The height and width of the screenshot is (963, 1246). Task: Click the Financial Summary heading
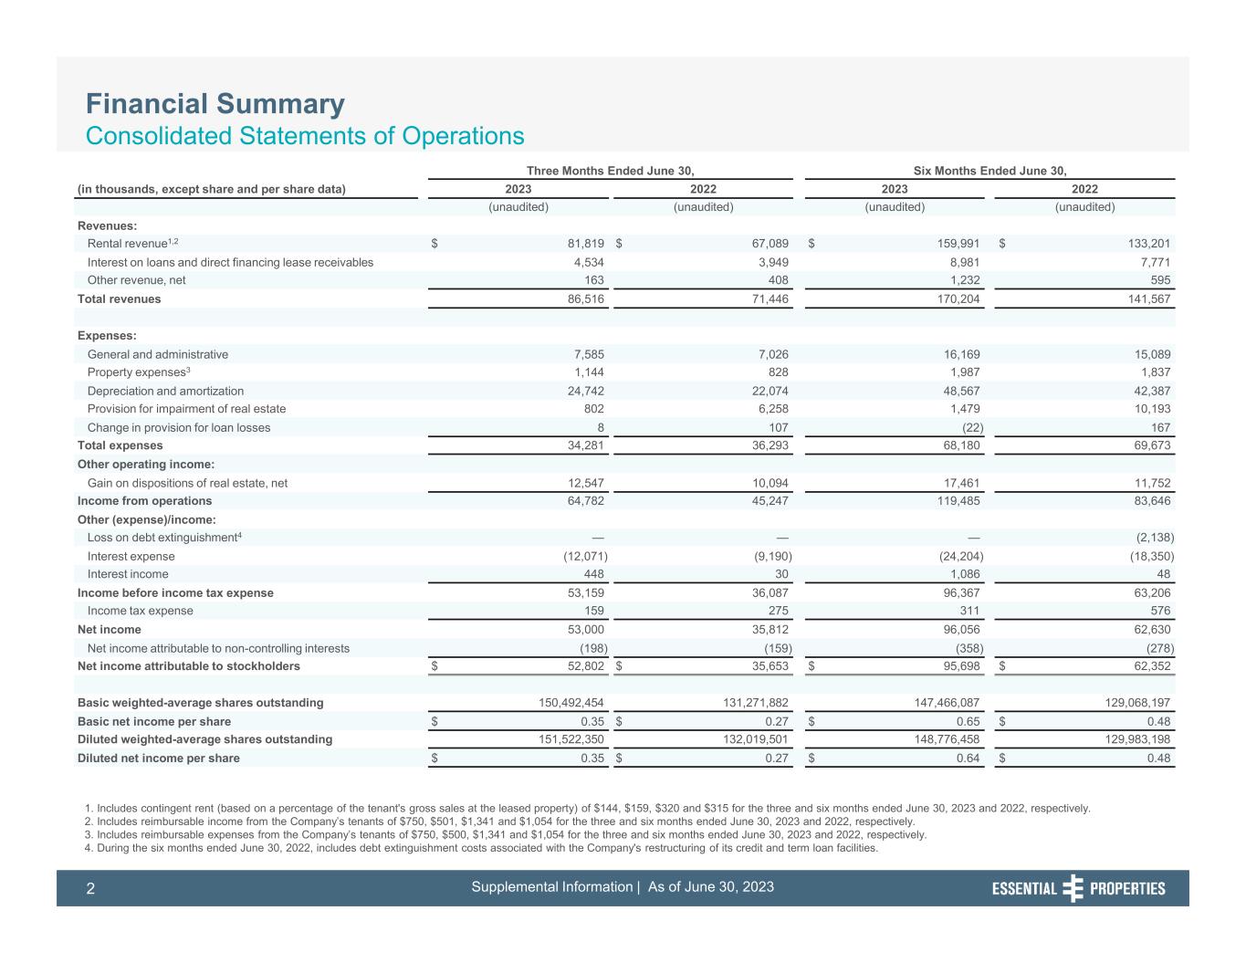click(215, 104)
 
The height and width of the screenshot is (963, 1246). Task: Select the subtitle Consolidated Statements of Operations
click(305, 136)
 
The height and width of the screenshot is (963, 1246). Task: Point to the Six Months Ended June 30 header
click(989, 171)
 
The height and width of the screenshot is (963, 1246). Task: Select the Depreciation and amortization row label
click(165, 391)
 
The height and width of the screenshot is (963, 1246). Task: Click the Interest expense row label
click(131, 556)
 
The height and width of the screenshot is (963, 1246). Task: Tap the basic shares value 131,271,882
click(746, 703)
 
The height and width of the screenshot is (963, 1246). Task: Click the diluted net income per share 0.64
click(969, 758)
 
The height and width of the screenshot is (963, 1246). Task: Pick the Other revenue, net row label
click(136, 280)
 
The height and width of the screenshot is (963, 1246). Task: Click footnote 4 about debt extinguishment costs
click(480, 848)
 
